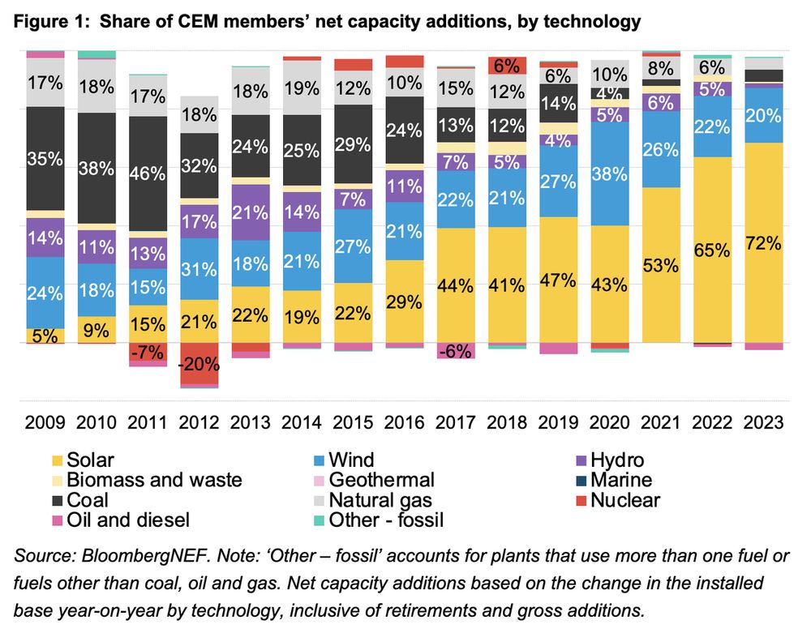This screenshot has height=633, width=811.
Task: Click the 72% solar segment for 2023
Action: click(x=763, y=242)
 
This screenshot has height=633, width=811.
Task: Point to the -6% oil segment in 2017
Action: click(x=455, y=351)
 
